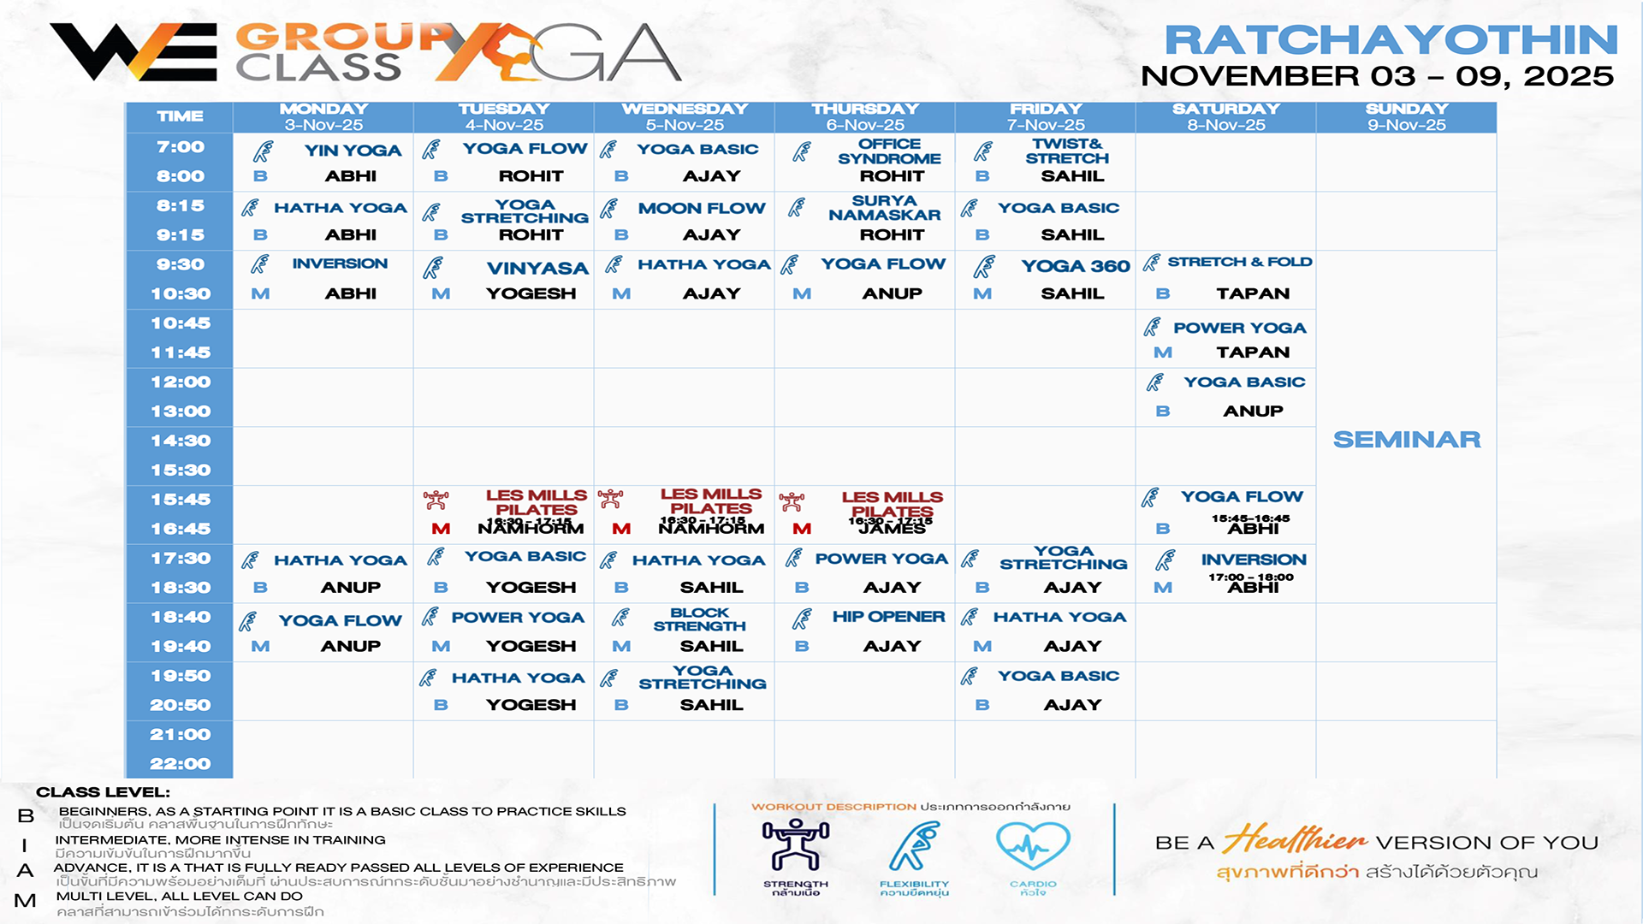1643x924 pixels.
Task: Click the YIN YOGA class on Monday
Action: click(x=353, y=151)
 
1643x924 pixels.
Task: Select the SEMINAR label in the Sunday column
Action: click(x=1407, y=440)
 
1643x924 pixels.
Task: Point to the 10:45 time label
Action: click(x=181, y=323)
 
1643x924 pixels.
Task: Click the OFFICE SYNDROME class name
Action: click(x=889, y=151)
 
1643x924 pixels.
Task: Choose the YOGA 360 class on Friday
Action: click(x=1076, y=266)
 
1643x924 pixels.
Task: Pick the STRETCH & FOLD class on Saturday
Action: click(x=1239, y=262)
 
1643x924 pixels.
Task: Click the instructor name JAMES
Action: click(x=892, y=529)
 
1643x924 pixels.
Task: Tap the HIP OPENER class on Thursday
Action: click(x=888, y=617)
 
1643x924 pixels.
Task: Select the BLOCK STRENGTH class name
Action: click(x=699, y=619)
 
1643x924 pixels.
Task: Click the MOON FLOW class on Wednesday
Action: click(x=702, y=208)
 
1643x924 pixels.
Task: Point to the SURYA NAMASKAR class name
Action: click(x=884, y=208)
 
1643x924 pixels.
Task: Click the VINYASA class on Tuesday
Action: click(x=537, y=268)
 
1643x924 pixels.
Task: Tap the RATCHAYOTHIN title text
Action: click(x=1391, y=40)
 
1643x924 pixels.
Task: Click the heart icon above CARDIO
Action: click(x=1033, y=846)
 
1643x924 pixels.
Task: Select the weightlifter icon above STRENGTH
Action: click(x=796, y=845)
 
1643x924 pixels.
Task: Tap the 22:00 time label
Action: click(x=181, y=764)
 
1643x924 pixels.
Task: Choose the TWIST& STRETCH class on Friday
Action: click(x=1067, y=151)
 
